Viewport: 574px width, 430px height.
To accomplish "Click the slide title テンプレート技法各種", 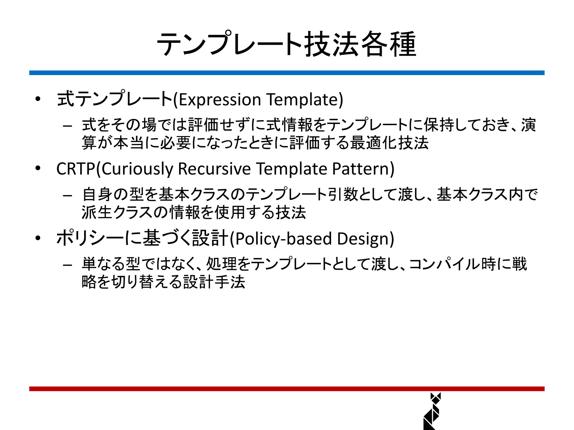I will coord(286,44).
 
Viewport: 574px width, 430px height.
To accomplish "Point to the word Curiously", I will coord(137,169).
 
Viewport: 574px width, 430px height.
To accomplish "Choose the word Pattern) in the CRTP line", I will coord(363,169).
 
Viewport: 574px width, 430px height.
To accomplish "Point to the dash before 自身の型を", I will coord(68,195).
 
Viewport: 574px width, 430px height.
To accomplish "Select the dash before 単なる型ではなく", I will coord(68,265).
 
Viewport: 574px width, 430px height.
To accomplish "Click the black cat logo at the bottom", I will coord(432,411).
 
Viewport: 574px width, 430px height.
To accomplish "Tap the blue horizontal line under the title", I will coord(286,73).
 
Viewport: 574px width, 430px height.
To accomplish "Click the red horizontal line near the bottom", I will coord(286,389).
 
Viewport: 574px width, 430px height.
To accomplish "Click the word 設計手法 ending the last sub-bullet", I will coord(214,282).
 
